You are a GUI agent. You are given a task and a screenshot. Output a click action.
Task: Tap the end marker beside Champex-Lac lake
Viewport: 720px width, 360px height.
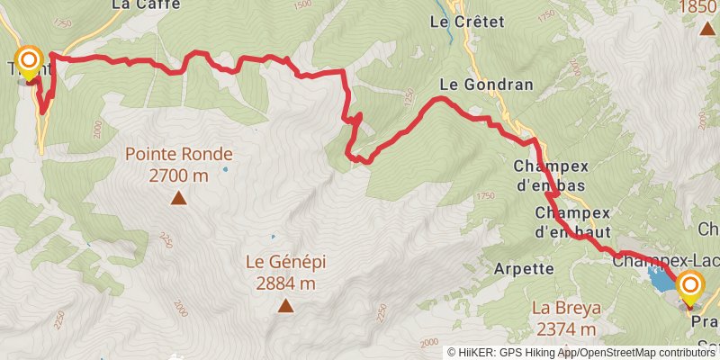point(690,288)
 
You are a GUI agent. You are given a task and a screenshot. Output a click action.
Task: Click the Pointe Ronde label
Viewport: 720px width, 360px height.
point(178,154)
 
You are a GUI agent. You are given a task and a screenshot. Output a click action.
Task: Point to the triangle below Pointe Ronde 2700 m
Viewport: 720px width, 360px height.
point(179,198)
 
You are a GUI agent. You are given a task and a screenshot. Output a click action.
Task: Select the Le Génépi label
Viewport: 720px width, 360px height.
point(285,263)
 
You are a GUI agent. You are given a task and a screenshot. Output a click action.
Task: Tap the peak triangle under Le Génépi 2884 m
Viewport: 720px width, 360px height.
point(286,307)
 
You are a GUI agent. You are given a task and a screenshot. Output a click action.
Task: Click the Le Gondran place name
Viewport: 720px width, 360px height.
point(486,85)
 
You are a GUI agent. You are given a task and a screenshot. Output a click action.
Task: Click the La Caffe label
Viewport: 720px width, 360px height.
point(146,4)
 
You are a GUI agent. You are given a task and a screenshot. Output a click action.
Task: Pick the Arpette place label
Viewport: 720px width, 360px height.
point(523,268)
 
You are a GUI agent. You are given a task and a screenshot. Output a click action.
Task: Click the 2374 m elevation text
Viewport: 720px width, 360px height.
point(565,328)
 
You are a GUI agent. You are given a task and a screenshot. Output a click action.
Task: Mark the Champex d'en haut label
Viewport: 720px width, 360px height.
point(572,222)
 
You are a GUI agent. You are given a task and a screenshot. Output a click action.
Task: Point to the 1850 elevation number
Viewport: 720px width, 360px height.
point(698,7)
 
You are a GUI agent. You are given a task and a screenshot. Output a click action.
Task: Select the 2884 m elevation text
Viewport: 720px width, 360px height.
point(285,283)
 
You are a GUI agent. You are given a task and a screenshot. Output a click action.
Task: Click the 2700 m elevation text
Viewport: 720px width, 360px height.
point(178,175)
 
